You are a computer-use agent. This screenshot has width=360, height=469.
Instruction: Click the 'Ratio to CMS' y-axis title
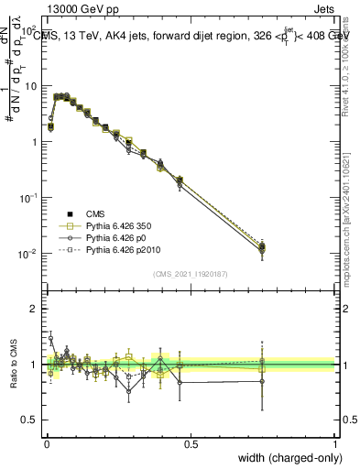tap(13, 364)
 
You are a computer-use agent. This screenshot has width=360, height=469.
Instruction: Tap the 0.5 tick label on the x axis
tap(190, 443)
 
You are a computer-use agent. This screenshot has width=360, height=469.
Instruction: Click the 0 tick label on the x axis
tap(46, 443)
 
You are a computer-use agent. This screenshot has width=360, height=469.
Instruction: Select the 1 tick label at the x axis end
tap(334, 443)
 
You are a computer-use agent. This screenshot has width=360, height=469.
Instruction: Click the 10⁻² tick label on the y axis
tap(28, 254)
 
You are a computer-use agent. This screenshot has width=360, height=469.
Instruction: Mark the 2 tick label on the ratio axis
tap(33, 309)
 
